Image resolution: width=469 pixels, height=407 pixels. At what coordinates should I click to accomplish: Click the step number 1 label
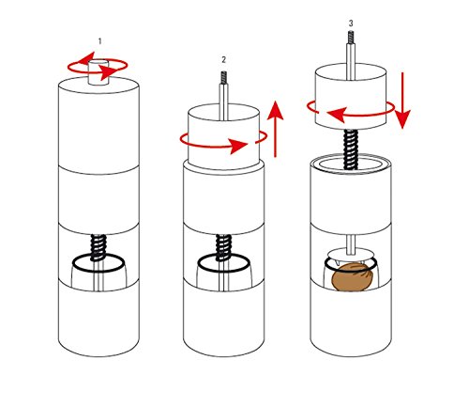[100, 41]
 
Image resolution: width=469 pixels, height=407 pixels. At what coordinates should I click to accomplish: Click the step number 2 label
[223, 59]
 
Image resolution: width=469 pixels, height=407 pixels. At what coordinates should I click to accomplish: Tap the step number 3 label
[351, 23]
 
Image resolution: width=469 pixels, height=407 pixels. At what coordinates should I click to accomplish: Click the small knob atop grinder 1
[98, 72]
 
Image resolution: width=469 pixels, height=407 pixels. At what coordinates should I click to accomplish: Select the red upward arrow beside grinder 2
[276, 129]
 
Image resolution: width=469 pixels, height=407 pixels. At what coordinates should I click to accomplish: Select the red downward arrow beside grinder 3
[402, 101]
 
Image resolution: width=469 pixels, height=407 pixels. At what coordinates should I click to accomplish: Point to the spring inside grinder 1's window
[98, 247]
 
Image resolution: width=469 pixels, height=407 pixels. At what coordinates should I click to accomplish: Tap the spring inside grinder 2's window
[223, 247]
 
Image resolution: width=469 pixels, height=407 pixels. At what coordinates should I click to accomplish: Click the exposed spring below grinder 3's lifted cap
[351, 149]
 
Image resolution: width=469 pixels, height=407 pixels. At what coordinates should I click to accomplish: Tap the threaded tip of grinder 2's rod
[224, 78]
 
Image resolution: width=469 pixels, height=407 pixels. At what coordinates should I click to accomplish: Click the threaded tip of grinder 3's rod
[351, 37]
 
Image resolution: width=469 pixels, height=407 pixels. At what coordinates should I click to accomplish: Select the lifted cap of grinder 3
[351, 96]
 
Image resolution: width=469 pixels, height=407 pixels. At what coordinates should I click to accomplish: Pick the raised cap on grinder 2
[223, 136]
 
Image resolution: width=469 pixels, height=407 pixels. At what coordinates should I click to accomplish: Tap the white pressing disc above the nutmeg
[350, 255]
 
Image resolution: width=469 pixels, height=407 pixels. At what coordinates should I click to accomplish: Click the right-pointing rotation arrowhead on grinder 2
[239, 146]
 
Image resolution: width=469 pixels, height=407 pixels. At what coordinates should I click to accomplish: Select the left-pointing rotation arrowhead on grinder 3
[337, 115]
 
